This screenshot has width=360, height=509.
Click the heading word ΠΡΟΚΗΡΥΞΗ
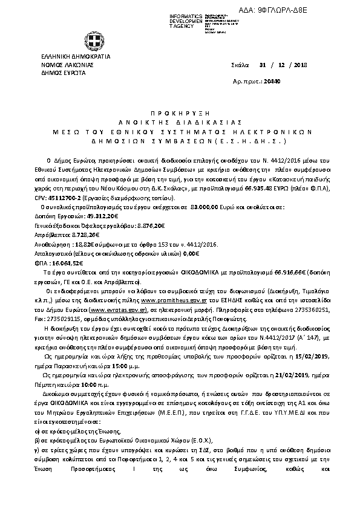[x=178, y=113]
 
